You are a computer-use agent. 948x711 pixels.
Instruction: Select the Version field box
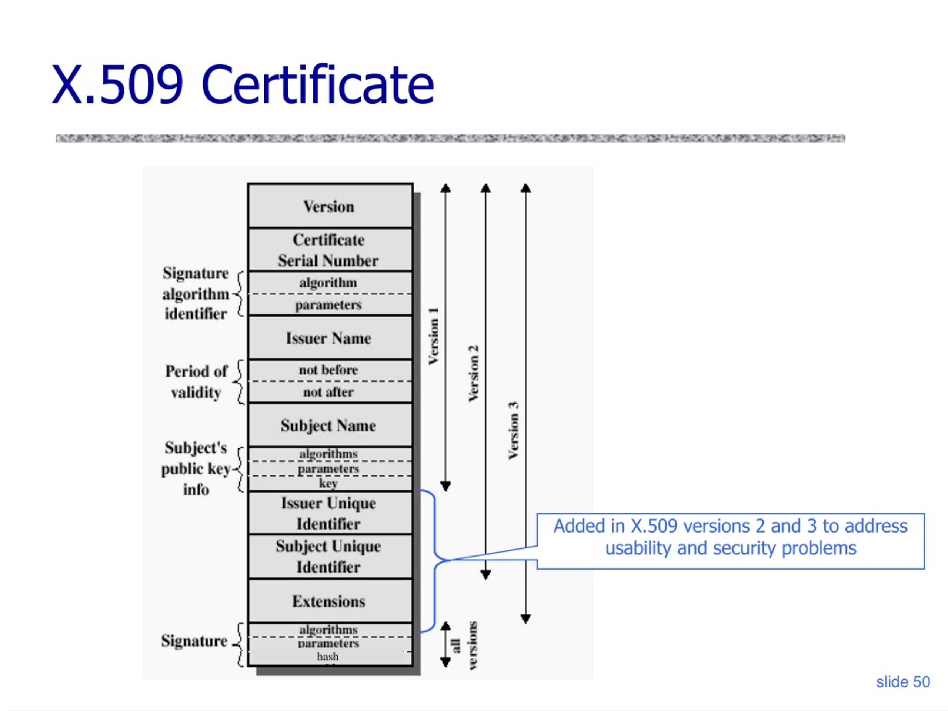[330, 206]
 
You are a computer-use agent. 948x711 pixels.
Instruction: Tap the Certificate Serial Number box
[330, 250]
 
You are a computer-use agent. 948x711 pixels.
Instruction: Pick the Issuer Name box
[330, 338]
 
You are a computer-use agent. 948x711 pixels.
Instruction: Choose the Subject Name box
[330, 425]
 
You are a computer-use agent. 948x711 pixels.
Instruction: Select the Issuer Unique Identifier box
[330, 513]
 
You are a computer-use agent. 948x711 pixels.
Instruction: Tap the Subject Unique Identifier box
[330, 557]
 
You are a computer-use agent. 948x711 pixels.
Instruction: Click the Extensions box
[330, 601]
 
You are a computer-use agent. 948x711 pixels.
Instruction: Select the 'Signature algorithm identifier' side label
[196, 294]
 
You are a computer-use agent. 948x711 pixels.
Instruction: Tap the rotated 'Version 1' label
[434, 336]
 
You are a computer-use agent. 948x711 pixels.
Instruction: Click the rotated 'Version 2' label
[474, 373]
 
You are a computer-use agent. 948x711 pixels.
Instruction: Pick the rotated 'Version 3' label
[513, 430]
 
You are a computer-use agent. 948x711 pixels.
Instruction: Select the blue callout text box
[731, 541]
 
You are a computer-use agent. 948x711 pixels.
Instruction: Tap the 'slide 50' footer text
[903, 682]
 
